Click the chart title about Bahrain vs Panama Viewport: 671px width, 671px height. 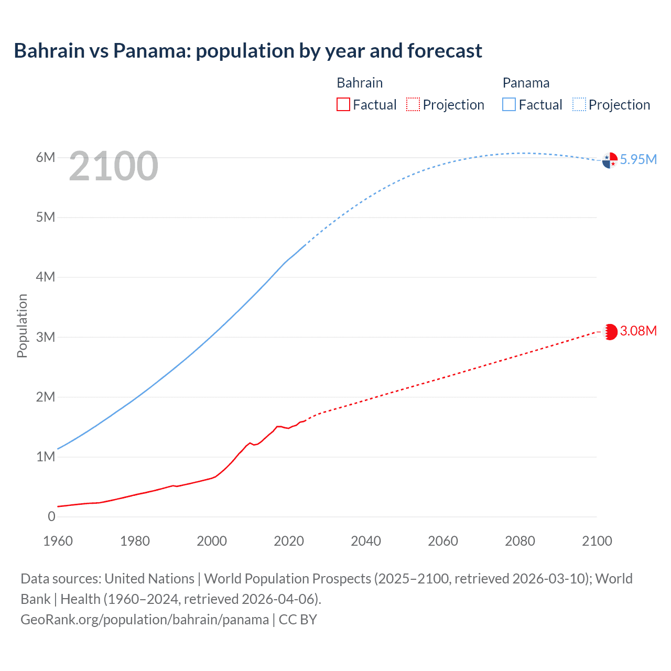click(x=248, y=51)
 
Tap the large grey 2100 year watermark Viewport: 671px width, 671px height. click(x=113, y=166)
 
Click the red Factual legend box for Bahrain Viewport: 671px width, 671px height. click(x=343, y=104)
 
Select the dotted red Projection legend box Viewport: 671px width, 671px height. click(x=413, y=104)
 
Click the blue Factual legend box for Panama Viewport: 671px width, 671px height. click(x=509, y=104)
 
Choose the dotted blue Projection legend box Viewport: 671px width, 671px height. click(x=579, y=104)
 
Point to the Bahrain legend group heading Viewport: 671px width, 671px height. click(x=360, y=83)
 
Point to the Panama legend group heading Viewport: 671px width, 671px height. click(x=526, y=83)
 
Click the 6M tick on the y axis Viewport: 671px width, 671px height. click(x=46, y=157)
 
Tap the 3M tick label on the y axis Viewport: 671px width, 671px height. click(x=46, y=337)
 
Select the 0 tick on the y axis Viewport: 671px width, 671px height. click(x=51, y=516)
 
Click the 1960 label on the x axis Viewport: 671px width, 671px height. click(x=58, y=541)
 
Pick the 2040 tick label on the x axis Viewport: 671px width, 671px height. click(x=366, y=541)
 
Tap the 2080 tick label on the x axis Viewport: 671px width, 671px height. click(x=520, y=541)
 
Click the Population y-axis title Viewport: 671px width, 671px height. click(x=22, y=326)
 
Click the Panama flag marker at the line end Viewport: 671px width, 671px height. click(x=610, y=160)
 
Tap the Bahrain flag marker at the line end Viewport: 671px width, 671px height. click(x=610, y=332)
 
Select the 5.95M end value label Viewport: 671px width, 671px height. click(x=638, y=159)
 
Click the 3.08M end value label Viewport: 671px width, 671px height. click(x=638, y=331)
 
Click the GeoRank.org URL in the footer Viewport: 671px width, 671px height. click(x=145, y=619)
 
